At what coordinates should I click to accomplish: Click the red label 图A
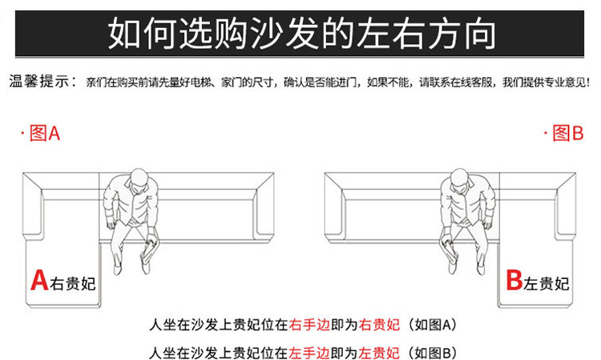(45, 133)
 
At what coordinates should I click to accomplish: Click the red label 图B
(568, 133)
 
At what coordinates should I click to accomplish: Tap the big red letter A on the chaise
(39, 281)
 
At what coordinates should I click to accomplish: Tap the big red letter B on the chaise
(514, 281)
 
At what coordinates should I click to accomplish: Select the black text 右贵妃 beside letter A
(72, 284)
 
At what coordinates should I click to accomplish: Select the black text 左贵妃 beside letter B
(547, 284)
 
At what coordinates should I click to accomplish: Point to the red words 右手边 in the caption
(309, 325)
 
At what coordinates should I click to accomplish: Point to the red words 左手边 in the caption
(309, 353)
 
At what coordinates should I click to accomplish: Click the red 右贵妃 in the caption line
(380, 325)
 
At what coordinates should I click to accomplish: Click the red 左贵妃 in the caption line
(380, 353)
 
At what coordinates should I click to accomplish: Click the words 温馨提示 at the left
(39, 81)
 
